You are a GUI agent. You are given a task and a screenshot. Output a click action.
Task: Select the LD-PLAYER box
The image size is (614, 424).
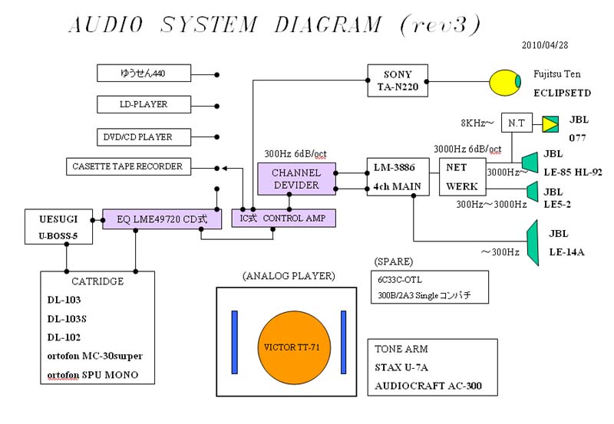(x=144, y=104)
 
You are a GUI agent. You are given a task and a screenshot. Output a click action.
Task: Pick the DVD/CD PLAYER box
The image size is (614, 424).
(x=144, y=136)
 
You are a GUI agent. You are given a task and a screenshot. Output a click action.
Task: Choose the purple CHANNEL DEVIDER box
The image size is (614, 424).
(x=295, y=179)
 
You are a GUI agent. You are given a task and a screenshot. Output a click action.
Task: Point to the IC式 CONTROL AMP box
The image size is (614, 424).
(x=283, y=219)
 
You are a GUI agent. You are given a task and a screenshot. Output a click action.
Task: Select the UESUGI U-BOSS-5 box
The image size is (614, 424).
(x=58, y=226)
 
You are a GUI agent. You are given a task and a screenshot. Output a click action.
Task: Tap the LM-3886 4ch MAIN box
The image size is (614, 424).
(x=398, y=177)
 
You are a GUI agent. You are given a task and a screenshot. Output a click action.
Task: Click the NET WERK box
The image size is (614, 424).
(x=461, y=176)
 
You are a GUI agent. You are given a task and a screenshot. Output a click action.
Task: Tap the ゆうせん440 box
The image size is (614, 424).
(x=144, y=74)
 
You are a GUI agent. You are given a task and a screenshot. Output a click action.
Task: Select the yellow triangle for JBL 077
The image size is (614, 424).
(x=550, y=123)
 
